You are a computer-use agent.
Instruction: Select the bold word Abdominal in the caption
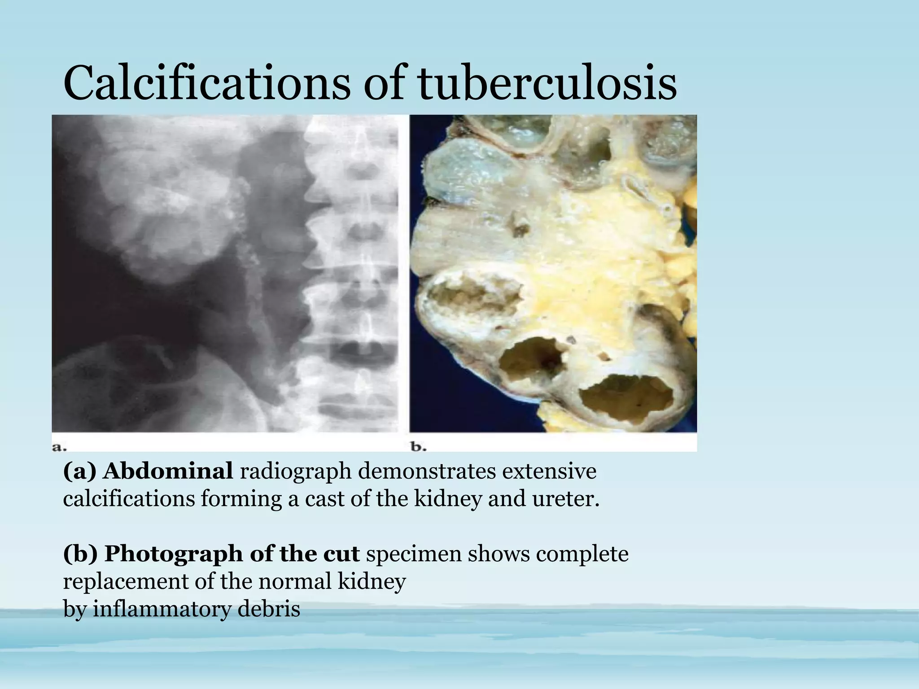click(168, 471)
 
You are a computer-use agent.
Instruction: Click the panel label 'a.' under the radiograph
click(60, 446)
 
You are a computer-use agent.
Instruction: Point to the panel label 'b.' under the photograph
click(419, 446)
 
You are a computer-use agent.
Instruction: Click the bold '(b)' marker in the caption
click(80, 554)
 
